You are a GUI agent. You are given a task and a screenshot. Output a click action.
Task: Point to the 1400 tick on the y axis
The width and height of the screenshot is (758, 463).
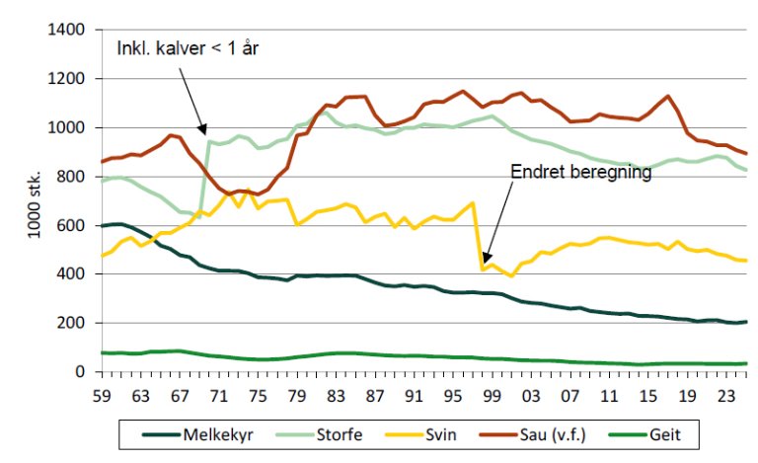68,30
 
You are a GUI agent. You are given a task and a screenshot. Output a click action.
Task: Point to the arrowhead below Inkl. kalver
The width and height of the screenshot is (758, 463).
204,130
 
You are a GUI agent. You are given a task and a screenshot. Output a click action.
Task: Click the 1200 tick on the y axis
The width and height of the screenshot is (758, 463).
68,79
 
